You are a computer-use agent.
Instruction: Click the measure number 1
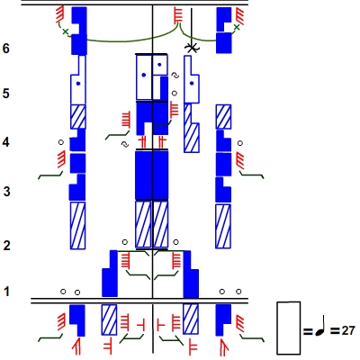tap(6, 292)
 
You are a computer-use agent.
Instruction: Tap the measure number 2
tap(6, 246)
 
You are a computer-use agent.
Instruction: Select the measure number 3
tap(6, 192)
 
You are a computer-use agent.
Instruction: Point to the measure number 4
tap(6, 142)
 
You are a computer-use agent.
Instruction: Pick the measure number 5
tap(6, 94)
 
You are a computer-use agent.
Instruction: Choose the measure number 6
tap(6, 48)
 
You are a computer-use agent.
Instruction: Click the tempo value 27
tap(348, 330)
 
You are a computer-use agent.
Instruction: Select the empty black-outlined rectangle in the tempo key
tap(289, 328)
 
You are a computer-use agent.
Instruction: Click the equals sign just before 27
tap(335, 331)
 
